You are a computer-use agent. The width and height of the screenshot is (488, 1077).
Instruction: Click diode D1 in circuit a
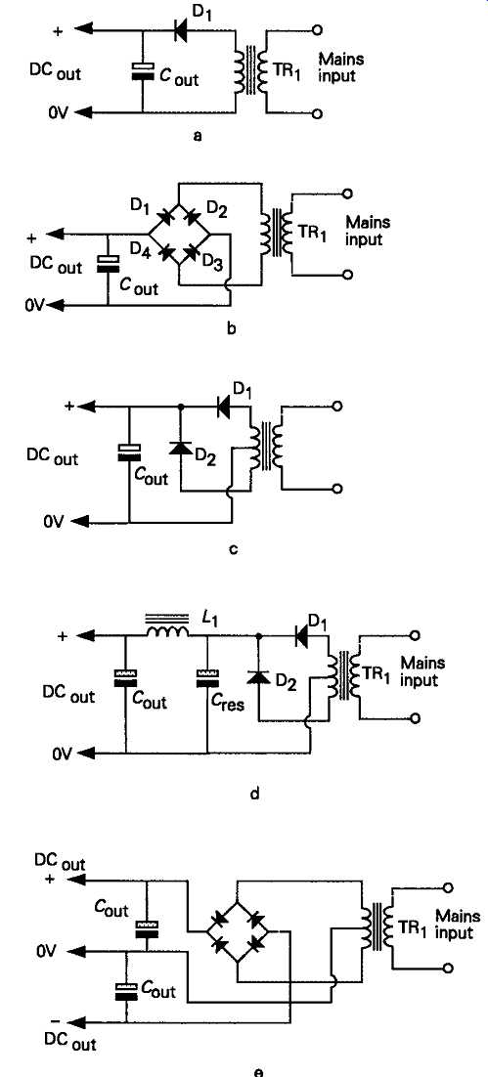click(x=182, y=29)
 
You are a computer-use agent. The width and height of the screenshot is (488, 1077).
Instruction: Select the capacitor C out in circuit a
click(x=142, y=71)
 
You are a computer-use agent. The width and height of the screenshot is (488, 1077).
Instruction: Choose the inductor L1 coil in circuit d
click(x=167, y=630)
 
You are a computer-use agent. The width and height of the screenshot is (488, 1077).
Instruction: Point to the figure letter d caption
click(x=254, y=796)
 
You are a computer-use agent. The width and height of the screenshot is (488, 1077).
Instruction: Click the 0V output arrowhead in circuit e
click(x=76, y=952)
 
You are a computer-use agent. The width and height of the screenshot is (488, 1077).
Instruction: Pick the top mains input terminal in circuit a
click(x=318, y=29)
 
